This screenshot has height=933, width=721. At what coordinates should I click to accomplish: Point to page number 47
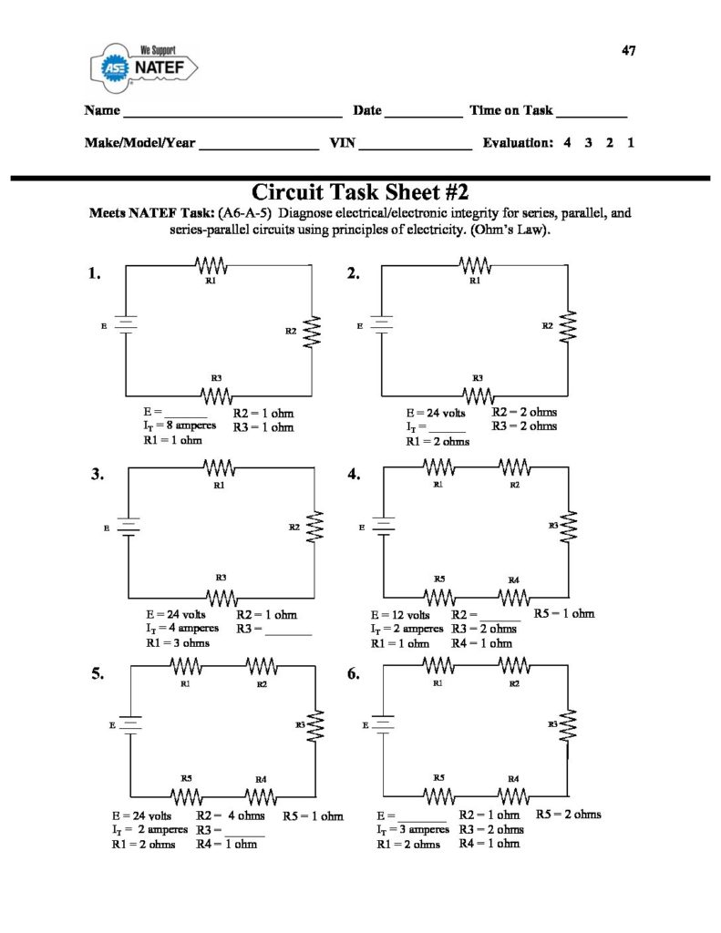click(628, 50)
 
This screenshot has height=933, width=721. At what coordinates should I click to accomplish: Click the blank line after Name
click(232, 117)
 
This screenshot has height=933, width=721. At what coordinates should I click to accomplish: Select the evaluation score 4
click(567, 143)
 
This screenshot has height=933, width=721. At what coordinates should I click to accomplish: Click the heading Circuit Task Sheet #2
click(359, 191)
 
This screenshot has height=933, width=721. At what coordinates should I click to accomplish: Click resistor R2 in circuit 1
click(314, 331)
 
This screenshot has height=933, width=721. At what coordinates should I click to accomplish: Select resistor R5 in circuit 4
click(440, 597)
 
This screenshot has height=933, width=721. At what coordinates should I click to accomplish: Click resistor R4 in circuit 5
click(260, 797)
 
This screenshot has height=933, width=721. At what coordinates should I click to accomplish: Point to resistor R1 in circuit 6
click(439, 666)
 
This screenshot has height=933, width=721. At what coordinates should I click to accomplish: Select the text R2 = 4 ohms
click(231, 815)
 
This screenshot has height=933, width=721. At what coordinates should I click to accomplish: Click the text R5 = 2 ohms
click(568, 814)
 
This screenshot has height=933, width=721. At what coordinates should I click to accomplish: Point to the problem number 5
click(98, 675)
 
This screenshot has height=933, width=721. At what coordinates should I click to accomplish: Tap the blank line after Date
click(423, 117)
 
